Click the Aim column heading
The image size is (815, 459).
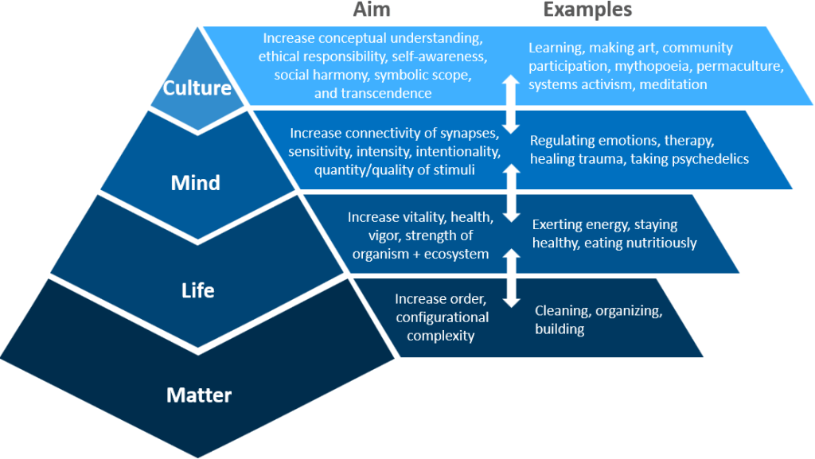point(370,10)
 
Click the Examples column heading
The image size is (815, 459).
point(587,10)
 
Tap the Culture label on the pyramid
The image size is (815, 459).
point(196,87)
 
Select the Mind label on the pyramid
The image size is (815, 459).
point(196,184)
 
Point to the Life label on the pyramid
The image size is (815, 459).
point(197,290)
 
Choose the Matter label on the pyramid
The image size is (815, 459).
point(199,395)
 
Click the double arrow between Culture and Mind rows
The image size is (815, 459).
point(512,103)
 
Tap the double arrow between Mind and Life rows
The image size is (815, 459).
point(512,190)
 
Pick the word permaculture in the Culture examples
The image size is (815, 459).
point(740,66)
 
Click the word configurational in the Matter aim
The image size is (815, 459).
point(442,317)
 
